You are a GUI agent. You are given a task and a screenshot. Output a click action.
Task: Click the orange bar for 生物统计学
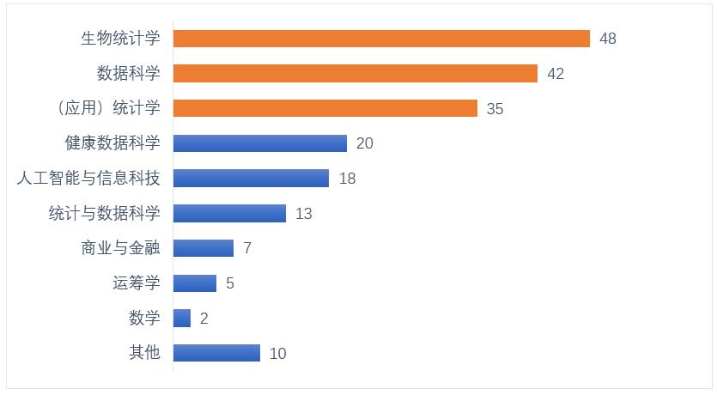[x=381, y=39]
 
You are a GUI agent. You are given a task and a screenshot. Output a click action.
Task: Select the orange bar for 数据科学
[x=355, y=74]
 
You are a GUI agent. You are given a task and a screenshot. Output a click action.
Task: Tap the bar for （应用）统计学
[x=325, y=108]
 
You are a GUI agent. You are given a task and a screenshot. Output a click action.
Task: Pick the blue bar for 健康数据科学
[x=260, y=143]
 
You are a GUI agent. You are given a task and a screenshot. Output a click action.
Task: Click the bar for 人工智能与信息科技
[x=251, y=179]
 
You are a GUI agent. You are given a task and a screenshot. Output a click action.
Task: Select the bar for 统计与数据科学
[x=229, y=213]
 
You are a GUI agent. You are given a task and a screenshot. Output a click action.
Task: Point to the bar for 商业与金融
[x=204, y=248]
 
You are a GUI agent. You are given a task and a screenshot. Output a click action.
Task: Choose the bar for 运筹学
[x=195, y=283]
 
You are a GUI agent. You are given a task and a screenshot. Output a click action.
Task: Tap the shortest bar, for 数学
[x=182, y=319]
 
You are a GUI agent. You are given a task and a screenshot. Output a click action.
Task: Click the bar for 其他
[x=216, y=353]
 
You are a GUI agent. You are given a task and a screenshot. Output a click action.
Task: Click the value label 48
[x=608, y=39]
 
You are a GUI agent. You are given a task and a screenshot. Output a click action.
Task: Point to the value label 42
[x=556, y=74]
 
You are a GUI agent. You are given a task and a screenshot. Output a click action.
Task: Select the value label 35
[x=495, y=109]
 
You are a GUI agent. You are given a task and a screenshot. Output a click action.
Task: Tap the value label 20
[x=364, y=143]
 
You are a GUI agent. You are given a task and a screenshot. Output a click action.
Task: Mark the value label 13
[x=303, y=214]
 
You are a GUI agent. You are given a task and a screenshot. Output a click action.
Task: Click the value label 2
[x=204, y=319]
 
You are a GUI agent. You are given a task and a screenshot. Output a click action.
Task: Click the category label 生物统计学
[x=120, y=39]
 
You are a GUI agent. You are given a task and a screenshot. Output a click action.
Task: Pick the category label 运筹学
[x=137, y=283]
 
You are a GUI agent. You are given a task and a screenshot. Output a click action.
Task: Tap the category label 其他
[x=144, y=353]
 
